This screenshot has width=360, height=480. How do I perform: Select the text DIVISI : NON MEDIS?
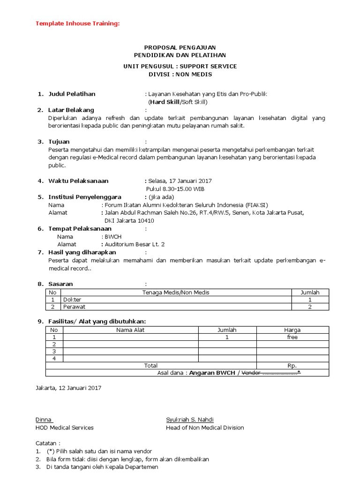coord(180,75)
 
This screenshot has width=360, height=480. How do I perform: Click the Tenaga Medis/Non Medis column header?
coord(176,292)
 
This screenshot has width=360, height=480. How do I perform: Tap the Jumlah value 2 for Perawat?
coord(310,307)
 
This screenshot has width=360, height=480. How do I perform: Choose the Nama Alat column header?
coord(130,330)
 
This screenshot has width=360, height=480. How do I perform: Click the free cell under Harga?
coord(292,337)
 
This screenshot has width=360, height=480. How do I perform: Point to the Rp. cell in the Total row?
coord(292,366)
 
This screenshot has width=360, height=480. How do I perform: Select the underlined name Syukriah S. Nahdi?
coord(189,420)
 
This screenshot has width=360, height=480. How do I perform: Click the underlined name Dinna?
coord(44,420)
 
